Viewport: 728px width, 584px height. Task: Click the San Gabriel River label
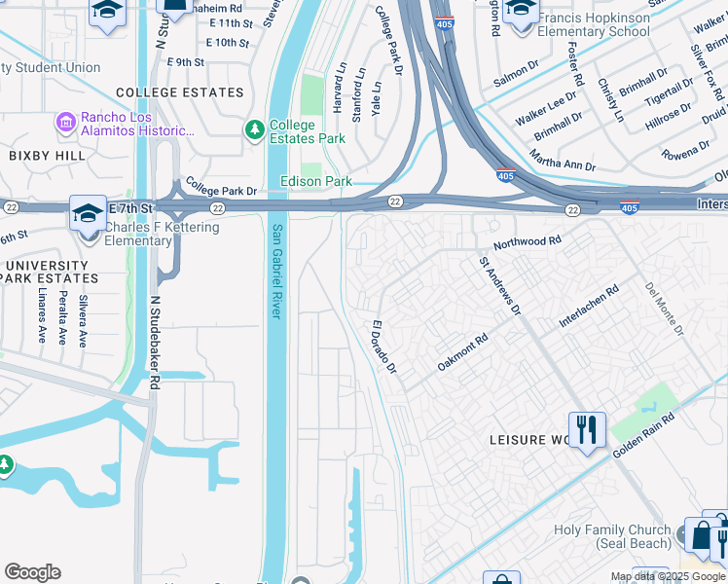(x=276, y=271)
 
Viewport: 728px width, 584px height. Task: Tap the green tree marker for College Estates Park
(x=255, y=129)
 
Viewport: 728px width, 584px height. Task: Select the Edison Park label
(x=315, y=181)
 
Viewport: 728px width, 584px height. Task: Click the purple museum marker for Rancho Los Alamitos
(x=66, y=122)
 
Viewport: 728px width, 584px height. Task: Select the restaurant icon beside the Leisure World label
(x=587, y=430)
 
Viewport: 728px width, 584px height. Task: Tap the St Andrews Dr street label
(x=499, y=285)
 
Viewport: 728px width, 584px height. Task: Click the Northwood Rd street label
(x=527, y=240)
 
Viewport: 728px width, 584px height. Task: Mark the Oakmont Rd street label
(x=462, y=352)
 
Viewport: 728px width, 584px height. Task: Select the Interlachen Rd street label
(x=589, y=307)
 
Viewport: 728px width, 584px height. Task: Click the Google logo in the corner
(x=32, y=572)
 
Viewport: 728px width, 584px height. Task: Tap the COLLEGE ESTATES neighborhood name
(x=179, y=92)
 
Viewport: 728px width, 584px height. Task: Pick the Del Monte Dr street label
(x=665, y=309)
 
